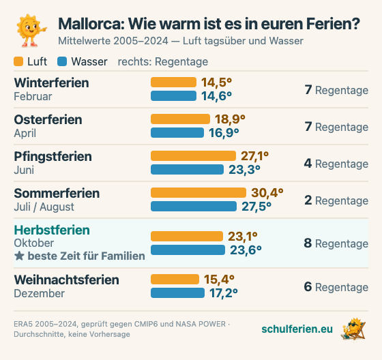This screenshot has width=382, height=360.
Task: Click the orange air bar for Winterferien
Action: point(173,82)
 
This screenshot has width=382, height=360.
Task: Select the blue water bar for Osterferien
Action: point(177,133)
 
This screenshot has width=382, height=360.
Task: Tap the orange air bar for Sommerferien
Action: point(199,193)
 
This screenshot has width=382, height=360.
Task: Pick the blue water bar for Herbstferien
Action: point(188,250)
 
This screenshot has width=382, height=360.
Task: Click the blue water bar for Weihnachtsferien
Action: point(177,292)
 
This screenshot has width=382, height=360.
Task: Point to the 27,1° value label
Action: point(255,156)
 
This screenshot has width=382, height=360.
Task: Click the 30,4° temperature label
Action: point(267,193)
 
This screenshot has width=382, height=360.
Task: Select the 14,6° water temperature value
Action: point(217,96)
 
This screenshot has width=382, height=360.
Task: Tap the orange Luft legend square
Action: point(18,61)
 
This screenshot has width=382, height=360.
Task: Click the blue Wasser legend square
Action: point(62,61)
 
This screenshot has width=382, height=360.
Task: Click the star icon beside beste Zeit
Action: point(19,256)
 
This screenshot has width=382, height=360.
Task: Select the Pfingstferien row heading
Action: point(53,157)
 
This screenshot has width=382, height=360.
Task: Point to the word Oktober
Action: point(34,243)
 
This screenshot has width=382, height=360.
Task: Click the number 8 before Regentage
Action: point(308,243)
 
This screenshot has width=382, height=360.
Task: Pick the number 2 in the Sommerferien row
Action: point(308,200)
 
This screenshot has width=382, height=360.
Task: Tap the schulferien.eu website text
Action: point(297,329)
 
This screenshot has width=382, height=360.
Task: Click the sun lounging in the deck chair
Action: point(353,329)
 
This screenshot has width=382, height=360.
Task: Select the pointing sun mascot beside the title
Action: point(31,31)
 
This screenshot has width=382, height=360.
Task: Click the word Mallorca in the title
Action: point(91,24)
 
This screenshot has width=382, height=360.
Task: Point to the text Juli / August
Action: point(44,207)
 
